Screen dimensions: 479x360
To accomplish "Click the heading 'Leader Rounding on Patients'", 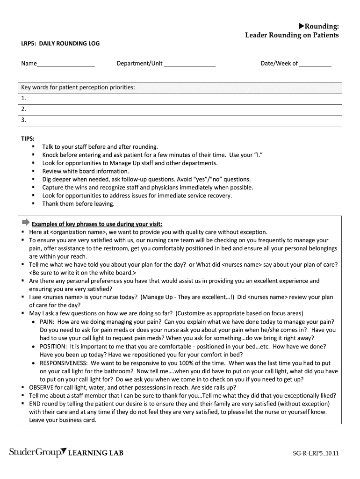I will tap(292, 35).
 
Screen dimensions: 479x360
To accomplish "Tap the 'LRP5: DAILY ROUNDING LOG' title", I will tap(60, 44).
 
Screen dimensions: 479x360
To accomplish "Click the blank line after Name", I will tap(65, 65).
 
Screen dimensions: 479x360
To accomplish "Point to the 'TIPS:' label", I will tap(28, 138).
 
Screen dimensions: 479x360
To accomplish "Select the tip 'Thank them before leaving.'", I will tap(78, 203).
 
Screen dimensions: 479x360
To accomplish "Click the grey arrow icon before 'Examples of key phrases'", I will tap(25, 222).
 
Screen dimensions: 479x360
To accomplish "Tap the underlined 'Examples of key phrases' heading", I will tap(97, 224).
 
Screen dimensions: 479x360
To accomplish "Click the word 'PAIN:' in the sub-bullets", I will tap(47, 322).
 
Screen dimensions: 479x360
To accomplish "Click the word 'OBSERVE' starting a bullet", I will tap(43, 387).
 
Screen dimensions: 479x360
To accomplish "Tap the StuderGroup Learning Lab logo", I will tap(66, 452).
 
